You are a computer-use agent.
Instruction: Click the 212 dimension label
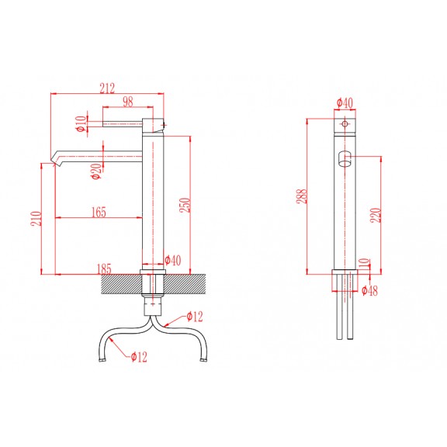click(x=107, y=88)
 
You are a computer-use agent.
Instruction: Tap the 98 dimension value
click(x=128, y=102)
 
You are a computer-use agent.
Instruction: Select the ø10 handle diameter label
click(x=81, y=123)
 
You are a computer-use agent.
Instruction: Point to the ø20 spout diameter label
click(x=96, y=171)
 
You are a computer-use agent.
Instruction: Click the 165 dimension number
click(x=99, y=212)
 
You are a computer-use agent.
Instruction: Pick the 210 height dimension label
click(x=36, y=219)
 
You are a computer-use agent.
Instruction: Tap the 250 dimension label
click(x=185, y=205)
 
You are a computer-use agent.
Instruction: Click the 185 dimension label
click(x=104, y=269)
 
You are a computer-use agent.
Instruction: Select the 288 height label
click(x=302, y=196)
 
